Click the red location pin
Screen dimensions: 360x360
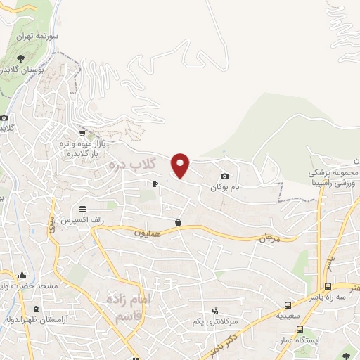181,165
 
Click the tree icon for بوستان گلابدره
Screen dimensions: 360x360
20,60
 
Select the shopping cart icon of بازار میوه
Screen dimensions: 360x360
83,132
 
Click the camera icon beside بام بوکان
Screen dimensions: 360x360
224,176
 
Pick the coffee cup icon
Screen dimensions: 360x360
155,184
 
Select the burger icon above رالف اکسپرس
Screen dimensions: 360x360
83,209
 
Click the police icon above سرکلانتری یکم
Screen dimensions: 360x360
216,310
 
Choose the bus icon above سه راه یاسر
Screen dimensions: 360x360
328,286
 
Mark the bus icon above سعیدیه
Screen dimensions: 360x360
288,305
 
